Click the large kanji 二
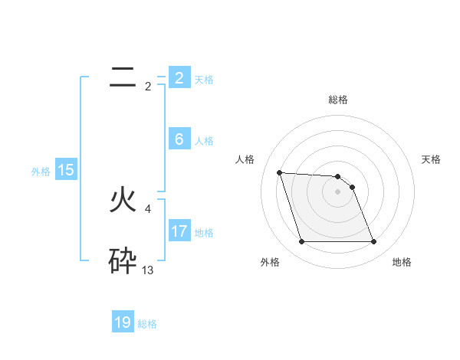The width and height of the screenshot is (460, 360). click(123, 77)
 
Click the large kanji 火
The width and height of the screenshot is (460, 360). click(123, 200)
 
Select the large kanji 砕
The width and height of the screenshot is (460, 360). click(123, 261)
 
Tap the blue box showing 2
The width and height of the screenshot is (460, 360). click(179, 78)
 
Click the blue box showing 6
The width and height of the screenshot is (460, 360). click(179, 139)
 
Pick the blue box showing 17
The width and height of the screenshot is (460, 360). click(179, 231)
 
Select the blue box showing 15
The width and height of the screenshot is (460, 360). click(66, 171)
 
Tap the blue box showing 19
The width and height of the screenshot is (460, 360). click(123, 322)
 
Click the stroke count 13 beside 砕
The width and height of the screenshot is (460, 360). click(148, 270)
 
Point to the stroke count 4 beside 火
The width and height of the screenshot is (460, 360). click(147, 208)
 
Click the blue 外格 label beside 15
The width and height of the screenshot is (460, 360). click(41, 172)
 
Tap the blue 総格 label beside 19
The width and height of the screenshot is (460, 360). click(147, 324)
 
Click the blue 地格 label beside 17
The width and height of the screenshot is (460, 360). click(204, 232)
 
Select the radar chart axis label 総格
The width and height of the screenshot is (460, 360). click(338, 100)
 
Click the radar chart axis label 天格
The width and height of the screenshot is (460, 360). click(432, 159)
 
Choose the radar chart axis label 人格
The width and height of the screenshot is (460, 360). click(245, 159)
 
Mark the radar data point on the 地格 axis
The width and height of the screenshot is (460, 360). click(373, 242)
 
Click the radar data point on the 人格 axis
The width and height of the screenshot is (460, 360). click(279, 172)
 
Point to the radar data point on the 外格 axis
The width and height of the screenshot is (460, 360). click(301, 242)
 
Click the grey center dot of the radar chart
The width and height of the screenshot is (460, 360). click(338, 191)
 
